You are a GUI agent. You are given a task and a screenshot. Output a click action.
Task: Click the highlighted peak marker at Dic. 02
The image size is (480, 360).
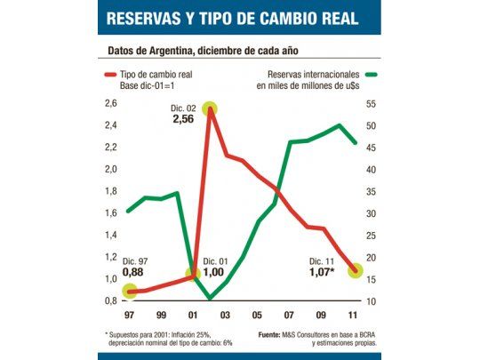tap(210, 109)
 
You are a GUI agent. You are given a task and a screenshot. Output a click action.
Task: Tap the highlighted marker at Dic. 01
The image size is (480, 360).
tap(195, 276)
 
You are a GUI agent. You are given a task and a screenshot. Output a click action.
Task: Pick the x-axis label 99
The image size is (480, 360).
tap(162, 314)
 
